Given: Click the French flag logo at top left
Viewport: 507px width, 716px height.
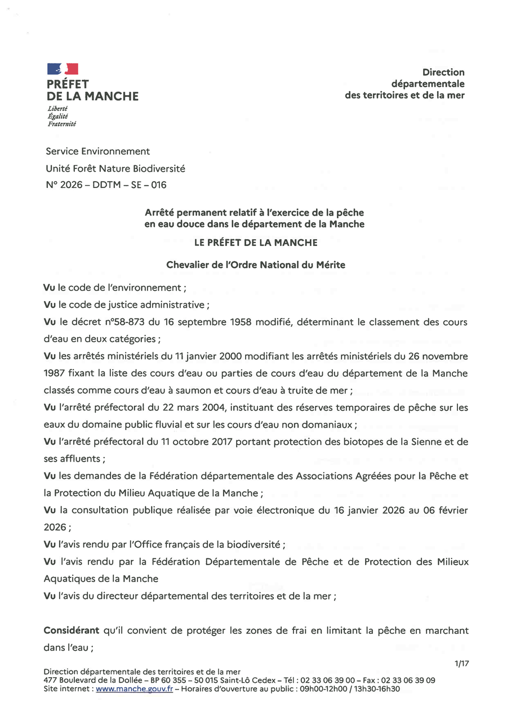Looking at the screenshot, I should click(x=63, y=69).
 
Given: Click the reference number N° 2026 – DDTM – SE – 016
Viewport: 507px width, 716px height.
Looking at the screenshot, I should click(x=105, y=185).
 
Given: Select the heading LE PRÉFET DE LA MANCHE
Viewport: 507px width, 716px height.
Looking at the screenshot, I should click(x=255, y=243).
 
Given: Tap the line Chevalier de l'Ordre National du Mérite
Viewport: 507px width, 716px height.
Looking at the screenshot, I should click(x=255, y=265).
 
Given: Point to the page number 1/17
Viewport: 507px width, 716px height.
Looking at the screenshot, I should click(x=461, y=664).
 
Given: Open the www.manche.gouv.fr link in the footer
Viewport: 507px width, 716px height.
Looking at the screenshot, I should click(x=134, y=688).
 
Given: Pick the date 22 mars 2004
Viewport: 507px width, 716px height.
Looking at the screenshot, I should click(x=159, y=407).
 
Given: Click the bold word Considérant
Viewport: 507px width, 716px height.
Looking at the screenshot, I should click(x=72, y=630).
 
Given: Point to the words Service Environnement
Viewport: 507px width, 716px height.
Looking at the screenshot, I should click(x=97, y=151).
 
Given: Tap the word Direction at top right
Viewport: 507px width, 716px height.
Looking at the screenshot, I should click(x=443, y=72).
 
